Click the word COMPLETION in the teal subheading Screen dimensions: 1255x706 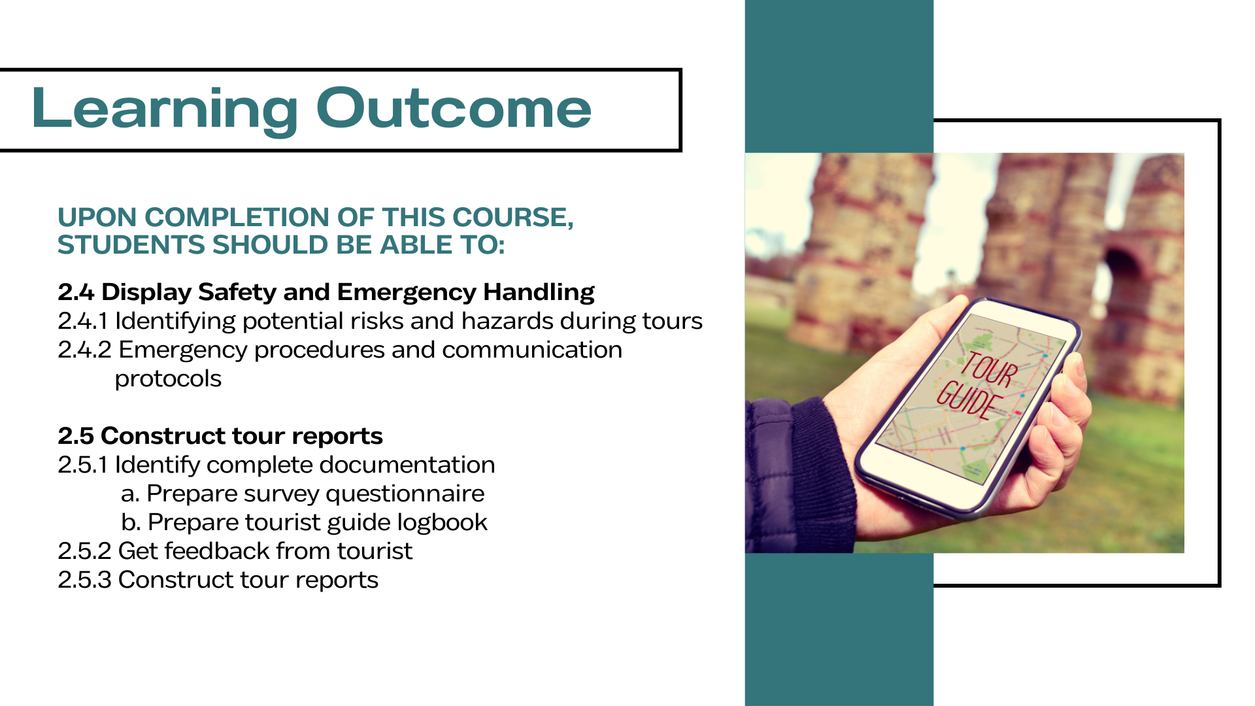259,217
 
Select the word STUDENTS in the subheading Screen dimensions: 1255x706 131,244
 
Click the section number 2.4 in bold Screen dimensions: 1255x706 76,292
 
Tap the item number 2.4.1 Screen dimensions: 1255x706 82,321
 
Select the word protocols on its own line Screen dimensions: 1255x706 168,379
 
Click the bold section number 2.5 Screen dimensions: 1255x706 76,435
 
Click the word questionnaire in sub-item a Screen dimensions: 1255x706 405,494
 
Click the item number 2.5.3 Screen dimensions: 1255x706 84,580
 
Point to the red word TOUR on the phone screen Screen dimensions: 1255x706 988,370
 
